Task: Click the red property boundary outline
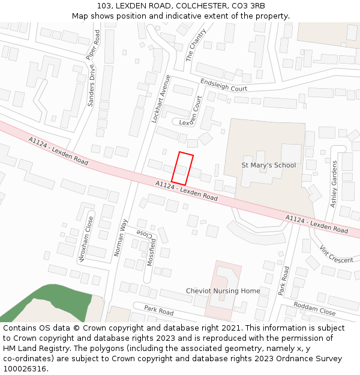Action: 182,168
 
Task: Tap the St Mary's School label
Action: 268,165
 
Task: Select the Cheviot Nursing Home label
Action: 223,291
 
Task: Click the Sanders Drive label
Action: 92,86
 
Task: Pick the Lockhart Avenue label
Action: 161,98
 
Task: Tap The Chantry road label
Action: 196,44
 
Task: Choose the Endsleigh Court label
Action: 223,85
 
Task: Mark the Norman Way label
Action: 121,238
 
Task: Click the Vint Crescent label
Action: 336,254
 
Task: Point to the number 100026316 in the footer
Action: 24,368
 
